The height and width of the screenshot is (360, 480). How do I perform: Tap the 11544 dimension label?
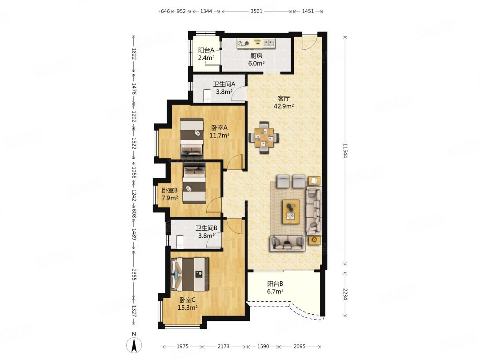pyautogui.click(x=345, y=151)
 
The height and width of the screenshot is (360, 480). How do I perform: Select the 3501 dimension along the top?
pyautogui.click(x=256, y=11)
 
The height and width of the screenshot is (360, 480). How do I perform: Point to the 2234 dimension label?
pyautogui.click(x=345, y=294)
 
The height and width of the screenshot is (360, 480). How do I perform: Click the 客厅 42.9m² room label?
pyautogui.click(x=284, y=102)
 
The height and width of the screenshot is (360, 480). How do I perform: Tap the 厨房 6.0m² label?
pyautogui.click(x=256, y=60)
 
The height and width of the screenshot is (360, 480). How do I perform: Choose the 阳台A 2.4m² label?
pyautogui.click(x=206, y=54)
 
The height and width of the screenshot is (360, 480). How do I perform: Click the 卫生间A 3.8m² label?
pyautogui.click(x=224, y=88)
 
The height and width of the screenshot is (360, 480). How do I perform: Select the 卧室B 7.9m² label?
pyautogui.click(x=170, y=194)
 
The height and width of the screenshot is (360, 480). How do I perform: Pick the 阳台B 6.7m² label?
pyautogui.click(x=275, y=288)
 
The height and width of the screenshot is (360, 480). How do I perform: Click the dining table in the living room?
pyautogui.click(x=264, y=137)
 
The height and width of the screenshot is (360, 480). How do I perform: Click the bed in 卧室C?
pyautogui.click(x=190, y=274)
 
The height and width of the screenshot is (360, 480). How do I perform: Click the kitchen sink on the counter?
pyautogui.click(x=269, y=43)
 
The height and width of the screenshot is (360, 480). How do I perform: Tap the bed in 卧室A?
pyautogui.click(x=192, y=138)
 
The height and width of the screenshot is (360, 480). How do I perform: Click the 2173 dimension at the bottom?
pyautogui.click(x=224, y=346)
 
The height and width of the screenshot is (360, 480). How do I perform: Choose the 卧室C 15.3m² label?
pyautogui.click(x=188, y=304)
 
